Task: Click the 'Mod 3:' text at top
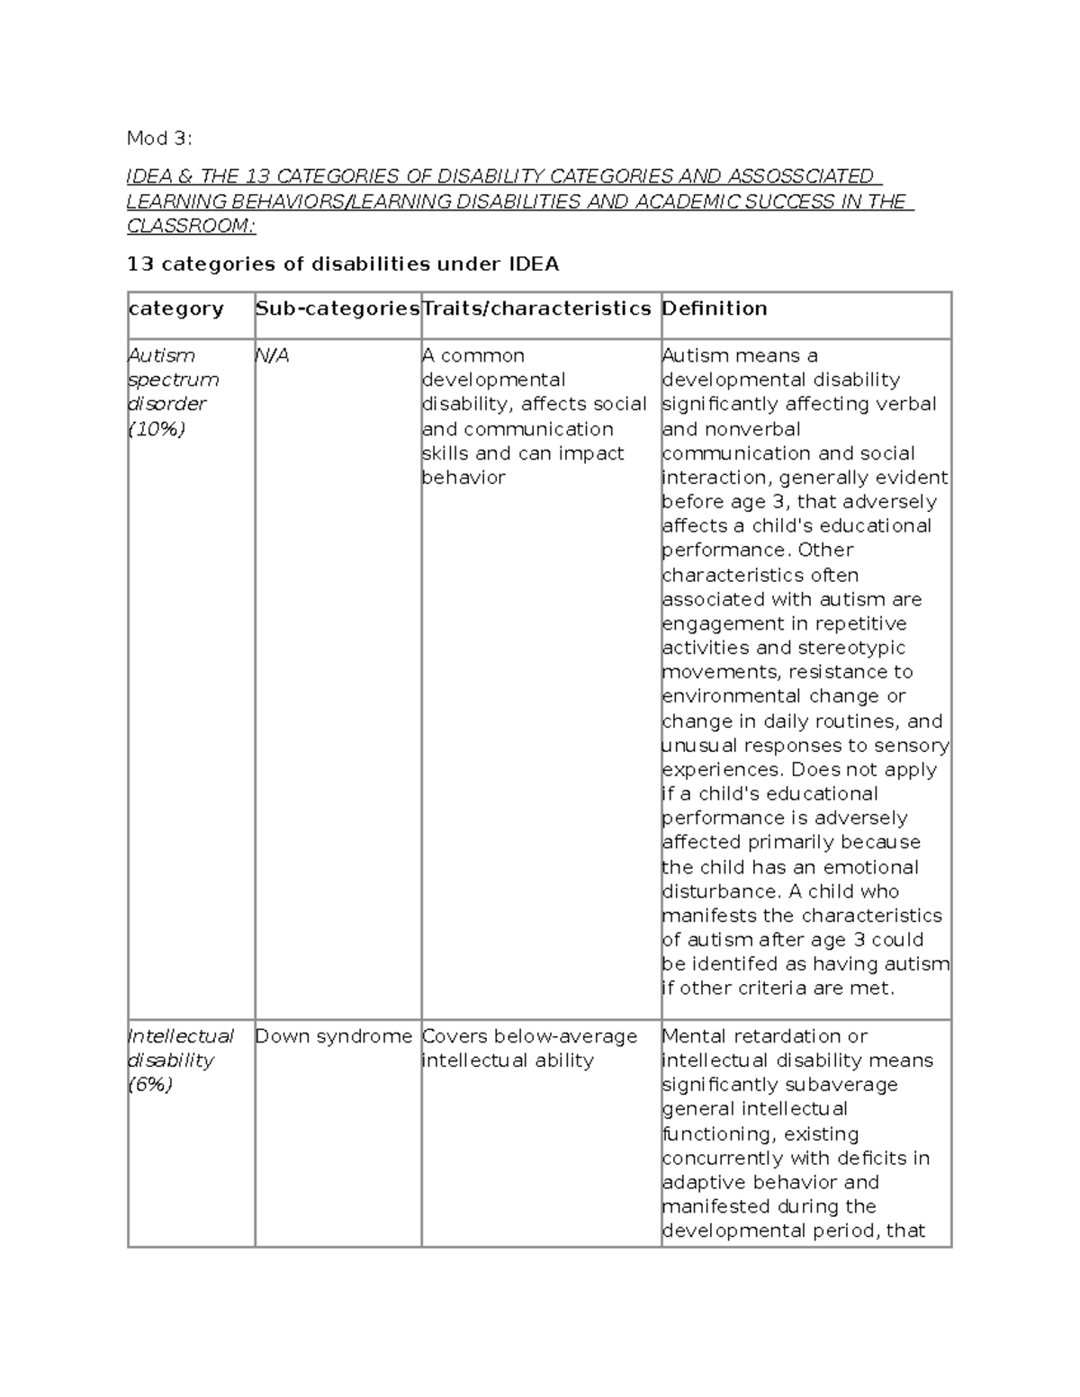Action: pyautogui.click(x=159, y=139)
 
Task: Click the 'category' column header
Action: pyautogui.click(x=176, y=309)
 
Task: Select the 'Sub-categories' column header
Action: pyautogui.click(x=337, y=309)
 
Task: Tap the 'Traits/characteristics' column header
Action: pyautogui.click(x=536, y=309)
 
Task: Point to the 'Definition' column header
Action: pyautogui.click(x=715, y=309)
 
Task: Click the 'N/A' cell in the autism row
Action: pyautogui.click(x=272, y=356)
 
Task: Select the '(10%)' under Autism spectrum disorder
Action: pyautogui.click(x=157, y=429)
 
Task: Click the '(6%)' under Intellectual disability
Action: pyautogui.click(x=150, y=1085)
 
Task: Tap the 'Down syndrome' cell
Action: pyautogui.click(x=333, y=1036)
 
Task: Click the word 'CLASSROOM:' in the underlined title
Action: pyautogui.click(x=191, y=226)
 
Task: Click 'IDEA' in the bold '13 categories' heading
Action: pyautogui.click(x=535, y=264)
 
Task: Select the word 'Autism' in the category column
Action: pyautogui.click(x=162, y=356)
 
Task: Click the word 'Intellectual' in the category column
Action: pyautogui.click(x=181, y=1036)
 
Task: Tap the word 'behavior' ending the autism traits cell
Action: pyautogui.click(x=463, y=478)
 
